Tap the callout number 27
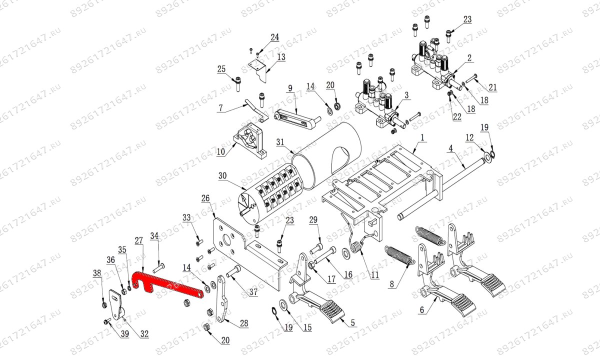point(139,240)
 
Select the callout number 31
point(280,142)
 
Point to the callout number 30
point(222,176)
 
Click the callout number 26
point(205,198)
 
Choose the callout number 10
point(220,152)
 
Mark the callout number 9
point(290,88)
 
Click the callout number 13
point(281,57)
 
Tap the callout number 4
point(451,148)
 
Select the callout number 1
point(422,138)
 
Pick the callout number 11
point(374,275)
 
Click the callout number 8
point(392,284)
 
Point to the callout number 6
point(422,310)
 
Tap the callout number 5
point(353,323)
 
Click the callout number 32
point(144,334)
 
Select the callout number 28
point(244,323)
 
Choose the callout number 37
point(253,291)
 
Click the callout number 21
point(492,87)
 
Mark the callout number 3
point(406,95)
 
